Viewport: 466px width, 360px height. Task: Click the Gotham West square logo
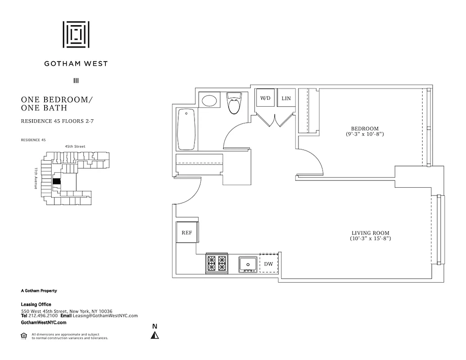76,34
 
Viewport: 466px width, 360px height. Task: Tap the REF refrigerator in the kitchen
186,233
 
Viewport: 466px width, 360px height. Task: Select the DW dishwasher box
269,264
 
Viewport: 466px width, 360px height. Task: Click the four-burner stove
217,263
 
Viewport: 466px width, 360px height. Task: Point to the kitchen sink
247,263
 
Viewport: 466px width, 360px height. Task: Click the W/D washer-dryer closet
265,98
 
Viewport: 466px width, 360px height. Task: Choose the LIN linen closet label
286,98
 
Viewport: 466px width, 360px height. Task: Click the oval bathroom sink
208,100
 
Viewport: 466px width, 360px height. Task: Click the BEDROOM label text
365,129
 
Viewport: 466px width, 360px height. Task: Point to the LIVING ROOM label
370,233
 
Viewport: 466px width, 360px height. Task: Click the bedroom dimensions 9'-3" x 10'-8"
365,134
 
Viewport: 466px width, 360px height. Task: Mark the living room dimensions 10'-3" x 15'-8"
370,238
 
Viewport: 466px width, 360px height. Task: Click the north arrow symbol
155,335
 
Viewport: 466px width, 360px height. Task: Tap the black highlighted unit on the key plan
57,181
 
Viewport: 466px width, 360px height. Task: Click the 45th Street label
75,146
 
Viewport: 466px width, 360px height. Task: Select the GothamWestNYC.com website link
44,323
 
